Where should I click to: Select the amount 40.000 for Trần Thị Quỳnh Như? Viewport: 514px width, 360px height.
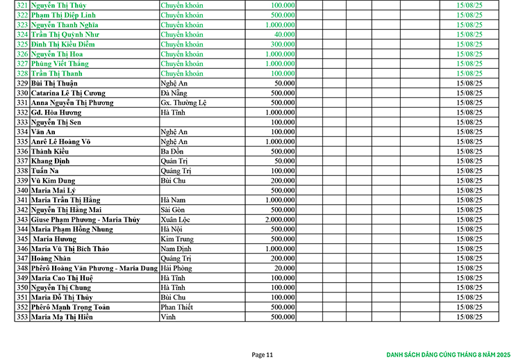283,34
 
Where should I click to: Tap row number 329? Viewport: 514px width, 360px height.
22,83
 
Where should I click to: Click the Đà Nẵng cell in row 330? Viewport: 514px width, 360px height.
174,92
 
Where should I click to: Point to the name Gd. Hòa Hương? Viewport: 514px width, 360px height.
56,112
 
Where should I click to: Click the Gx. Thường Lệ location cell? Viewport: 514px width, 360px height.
183,102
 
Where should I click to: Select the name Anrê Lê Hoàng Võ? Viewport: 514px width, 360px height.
61,141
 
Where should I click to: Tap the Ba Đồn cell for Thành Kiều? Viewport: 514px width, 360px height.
172,151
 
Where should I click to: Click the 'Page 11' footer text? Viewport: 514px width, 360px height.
263,354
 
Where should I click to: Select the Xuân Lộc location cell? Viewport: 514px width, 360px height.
175,220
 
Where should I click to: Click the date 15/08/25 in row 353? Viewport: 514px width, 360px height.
469,317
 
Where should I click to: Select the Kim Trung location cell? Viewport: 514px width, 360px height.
176,239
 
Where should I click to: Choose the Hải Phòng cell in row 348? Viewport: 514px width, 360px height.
176,268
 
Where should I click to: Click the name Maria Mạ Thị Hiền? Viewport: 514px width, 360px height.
63,317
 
